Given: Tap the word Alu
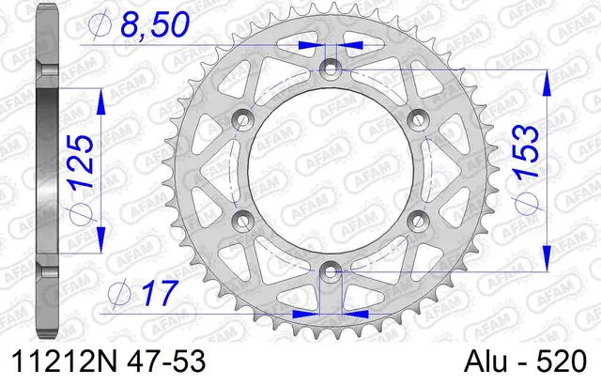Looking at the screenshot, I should point(489,362).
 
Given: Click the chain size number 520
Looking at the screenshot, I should point(562,362).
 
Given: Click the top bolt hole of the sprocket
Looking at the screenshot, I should point(330,69).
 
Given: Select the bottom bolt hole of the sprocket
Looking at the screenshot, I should point(330,270).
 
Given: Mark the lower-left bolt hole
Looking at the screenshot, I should point(242,220).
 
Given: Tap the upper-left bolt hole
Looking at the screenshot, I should point(242,119).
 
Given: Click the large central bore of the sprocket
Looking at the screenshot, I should point(330,169).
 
